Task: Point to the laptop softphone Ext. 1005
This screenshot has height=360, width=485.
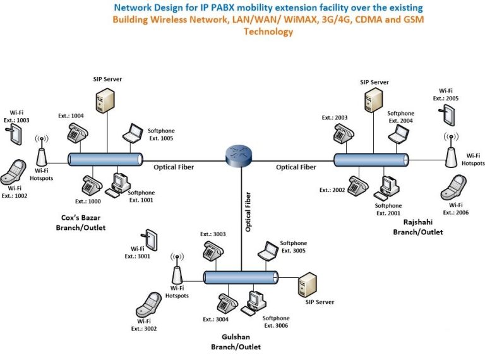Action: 133,133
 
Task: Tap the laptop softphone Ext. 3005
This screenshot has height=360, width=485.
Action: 268,251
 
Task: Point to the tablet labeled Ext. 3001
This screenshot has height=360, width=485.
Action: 150,240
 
